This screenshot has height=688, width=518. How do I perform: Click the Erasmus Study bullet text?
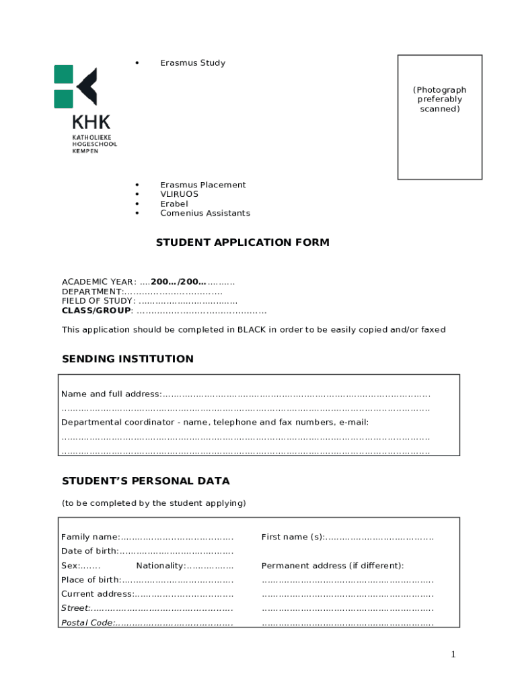(192, 63)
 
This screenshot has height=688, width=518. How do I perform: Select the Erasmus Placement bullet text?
(202, 185)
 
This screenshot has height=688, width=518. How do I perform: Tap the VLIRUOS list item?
(179, 194)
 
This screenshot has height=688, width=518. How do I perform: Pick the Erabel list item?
(174, 204)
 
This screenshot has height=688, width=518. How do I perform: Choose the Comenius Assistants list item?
(205, 213)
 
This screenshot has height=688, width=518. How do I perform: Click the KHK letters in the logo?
(91, 123)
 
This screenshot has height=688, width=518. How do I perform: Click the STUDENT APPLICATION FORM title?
(242, 243)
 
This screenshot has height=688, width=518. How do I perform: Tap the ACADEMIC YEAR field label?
(98, 282)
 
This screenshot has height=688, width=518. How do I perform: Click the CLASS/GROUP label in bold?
(96, 310)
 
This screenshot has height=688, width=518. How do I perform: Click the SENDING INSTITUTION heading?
(127, 359)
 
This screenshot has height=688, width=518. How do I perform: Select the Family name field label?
(90, 537)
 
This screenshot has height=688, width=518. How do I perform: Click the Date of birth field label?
(89, 552)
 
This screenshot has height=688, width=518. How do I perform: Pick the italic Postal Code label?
(87, 623)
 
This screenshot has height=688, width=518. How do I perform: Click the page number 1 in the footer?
(453, 654)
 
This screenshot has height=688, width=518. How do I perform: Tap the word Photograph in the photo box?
(439, 90)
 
